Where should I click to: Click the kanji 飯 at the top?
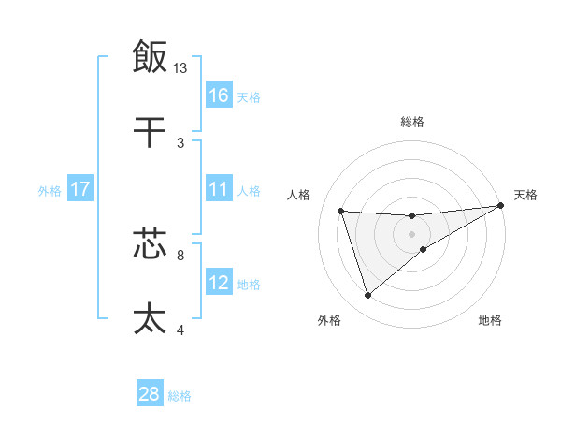coord(150,56)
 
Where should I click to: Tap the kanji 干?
coord(150,133)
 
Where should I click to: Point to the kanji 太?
coord(150,318)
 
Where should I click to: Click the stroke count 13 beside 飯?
coord(180,67)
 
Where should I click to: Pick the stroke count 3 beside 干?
coord(180,142)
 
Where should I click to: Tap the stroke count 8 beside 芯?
coord(180,253)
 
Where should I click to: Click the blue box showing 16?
coord(219,95)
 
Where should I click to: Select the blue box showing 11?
coord(219,189)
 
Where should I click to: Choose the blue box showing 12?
coord(219,283)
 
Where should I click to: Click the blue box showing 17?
coord(80,189)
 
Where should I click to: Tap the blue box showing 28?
coord(150,394)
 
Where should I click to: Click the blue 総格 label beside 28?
coord(180,396)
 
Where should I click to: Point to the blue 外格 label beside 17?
coord(50,191)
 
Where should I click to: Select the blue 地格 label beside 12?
coord(249,285)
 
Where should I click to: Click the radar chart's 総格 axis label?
coord(412,122)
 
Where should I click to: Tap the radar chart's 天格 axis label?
coord(525,195)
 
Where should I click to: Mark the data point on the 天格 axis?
coord(502,206)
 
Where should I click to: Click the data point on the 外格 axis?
coord(367,296)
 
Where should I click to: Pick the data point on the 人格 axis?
coord(341,211)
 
